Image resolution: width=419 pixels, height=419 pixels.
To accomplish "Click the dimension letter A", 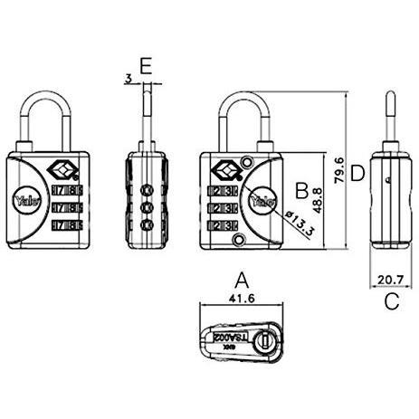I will click(x=240, y=280).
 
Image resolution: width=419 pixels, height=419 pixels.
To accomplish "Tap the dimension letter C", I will click(x=390, y=301).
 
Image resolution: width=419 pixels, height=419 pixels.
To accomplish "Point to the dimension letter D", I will click(x=357, y=172).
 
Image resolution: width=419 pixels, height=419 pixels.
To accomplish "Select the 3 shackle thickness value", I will click(x=129, y=80).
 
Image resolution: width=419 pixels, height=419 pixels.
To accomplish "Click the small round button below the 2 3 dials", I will click(x=240, y=240).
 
